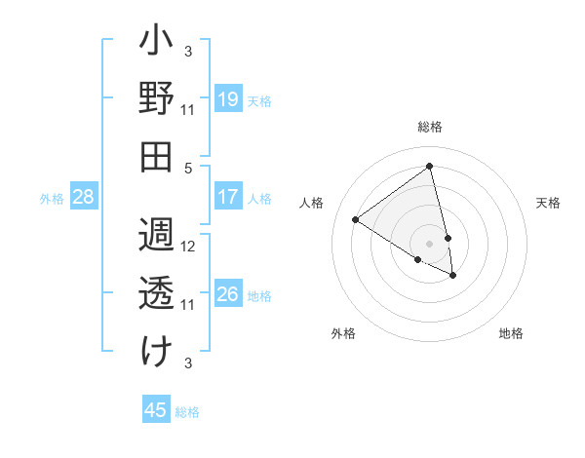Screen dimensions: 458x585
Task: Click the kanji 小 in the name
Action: tap(156, 44)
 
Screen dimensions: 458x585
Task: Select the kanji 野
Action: tap(156, 98)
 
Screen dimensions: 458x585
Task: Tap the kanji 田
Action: tap(156, 156)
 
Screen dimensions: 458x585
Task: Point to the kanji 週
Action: tap(156, 238)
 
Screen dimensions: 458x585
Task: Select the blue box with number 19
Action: tap(228, 98)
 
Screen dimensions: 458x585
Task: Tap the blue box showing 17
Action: tap(228, 197)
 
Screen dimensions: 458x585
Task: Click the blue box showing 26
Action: tap(228, 294)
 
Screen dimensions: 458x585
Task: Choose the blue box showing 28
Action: tap(84, 197)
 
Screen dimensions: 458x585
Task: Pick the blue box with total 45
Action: tap(156, 410)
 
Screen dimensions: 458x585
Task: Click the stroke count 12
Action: tap(189, 247)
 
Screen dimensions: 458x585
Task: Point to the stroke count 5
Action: tap(189, 167)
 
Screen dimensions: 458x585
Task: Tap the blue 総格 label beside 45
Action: tap(187, 412)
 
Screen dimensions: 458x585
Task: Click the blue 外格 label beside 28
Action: tap(52, 199)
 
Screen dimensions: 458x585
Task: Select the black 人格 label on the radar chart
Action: tap(312, 203)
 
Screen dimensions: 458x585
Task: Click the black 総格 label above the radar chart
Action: tap(430, 127)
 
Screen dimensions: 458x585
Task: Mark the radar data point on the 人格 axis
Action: tap(356, 219)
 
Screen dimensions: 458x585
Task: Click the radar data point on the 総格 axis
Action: tap(430, 166)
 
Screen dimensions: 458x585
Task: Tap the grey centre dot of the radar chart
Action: tap(430, 243)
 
